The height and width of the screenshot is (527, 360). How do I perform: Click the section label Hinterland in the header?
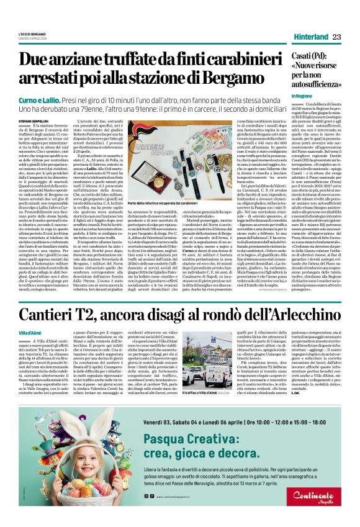click(x=311, y=37)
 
